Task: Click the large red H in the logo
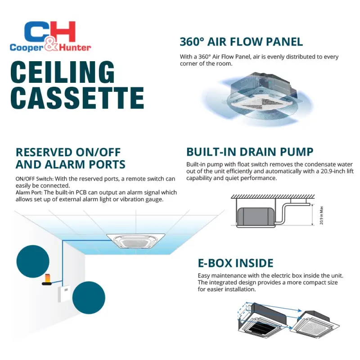(x=63, y=31)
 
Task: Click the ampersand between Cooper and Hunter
(x=50, y=46)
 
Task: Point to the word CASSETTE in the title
(x=76, y=98)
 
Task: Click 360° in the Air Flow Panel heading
(x=192, y=42)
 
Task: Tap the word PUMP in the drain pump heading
(x=294, y=152)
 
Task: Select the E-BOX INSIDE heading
(x=235, y=263)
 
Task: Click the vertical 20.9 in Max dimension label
(x=322, y=216)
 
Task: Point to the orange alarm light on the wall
(x=47, y=282)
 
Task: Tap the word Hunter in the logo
(x=72, y=47)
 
